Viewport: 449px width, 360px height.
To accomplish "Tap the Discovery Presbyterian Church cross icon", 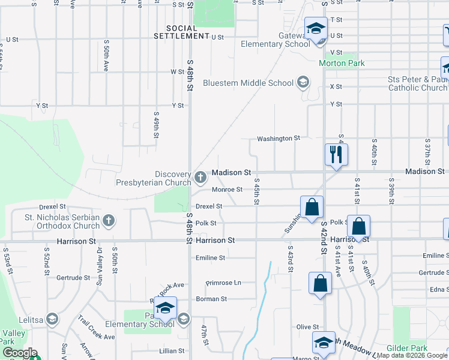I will (200, 176).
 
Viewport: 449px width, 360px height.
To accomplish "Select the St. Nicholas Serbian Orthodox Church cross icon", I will (109, 221).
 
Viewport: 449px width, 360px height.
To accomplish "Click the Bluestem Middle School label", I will (248, 83).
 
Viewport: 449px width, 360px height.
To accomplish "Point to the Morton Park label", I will (341, 63).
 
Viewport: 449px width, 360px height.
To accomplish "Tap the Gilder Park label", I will (408, 348).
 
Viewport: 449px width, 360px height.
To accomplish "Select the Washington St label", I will (278, 139).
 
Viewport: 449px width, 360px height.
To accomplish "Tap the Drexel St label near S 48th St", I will (209, 206).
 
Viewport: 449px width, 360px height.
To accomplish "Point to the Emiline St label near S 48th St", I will (210, 258).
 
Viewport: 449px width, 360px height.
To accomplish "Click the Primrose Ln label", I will (223, 283).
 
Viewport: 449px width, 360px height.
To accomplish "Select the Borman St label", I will (211, 299).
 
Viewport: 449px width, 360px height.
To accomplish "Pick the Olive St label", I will (307, 327).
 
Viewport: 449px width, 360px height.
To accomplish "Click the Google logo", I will (20, 353).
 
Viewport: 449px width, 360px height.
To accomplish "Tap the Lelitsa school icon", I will (52, 319).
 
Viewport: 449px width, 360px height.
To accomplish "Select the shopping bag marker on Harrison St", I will (358, 227).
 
